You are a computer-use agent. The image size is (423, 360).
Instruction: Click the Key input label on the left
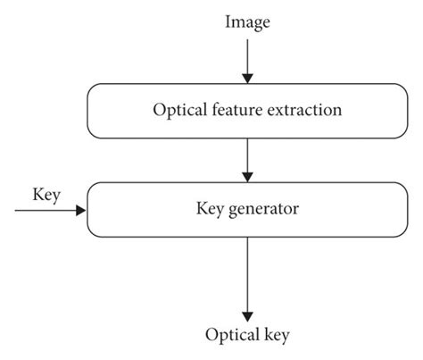(46, 194)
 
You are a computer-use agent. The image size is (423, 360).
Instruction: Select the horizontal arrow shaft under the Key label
(45, 212)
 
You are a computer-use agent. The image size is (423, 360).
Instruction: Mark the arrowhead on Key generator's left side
(83, 212)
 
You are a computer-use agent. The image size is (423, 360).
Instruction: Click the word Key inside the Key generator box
(208, 212)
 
